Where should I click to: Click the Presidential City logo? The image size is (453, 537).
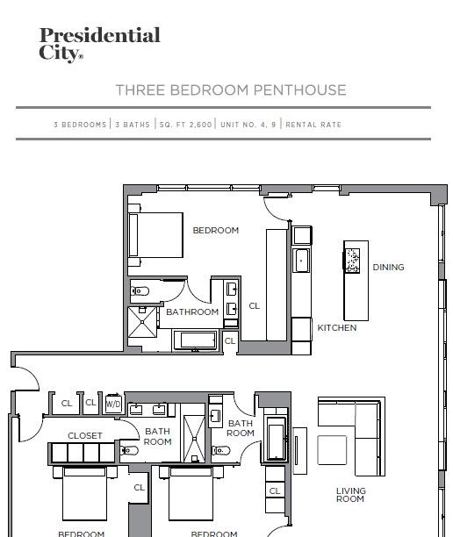click(99, 45)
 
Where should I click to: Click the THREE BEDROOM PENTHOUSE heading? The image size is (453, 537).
click(231, 90)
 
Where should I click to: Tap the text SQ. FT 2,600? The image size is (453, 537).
click(185, 125)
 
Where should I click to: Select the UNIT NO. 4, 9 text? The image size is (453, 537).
click(248, 125)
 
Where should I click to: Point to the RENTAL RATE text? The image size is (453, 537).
click(313, 125)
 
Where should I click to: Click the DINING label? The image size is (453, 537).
click(388, 267)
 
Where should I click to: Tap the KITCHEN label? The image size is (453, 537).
click(337, 328)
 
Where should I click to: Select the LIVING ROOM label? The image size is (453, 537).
click(350, 495)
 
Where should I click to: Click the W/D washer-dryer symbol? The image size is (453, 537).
click(113, 404)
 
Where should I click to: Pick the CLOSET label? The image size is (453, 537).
click(85, 435)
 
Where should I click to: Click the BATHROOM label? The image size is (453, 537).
click(192, 312)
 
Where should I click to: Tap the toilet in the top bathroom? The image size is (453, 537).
click(140, 291)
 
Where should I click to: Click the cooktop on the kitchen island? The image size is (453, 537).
click(352, 261)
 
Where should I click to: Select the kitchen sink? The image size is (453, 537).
click(301, 261)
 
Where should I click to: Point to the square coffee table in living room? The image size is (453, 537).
click(332, 450)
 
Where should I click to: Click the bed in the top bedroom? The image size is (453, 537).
click(155, 235)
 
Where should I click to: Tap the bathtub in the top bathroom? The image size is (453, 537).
click(195, 340)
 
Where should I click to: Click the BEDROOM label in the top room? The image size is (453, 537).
click(216, 231)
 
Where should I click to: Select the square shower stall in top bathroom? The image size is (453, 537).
click(142, 322)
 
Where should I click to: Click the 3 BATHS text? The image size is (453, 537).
click(133, 125)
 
